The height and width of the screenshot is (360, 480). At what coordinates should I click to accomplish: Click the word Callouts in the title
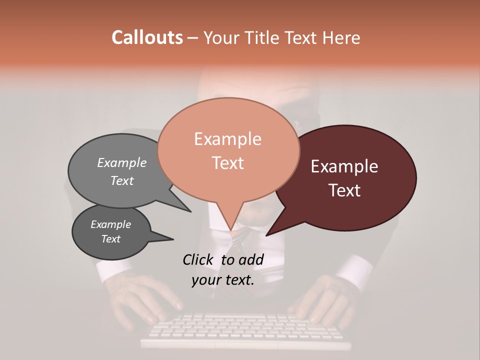coord(147,37)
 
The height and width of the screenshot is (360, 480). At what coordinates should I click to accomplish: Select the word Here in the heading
coord(342,37)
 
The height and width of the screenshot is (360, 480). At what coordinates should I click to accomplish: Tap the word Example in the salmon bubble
coord(227,139)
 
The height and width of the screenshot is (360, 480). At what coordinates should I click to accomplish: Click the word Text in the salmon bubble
coord(227,163)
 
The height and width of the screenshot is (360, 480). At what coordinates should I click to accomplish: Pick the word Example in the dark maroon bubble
coord(344,166)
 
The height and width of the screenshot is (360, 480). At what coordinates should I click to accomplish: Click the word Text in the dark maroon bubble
coord(345,190)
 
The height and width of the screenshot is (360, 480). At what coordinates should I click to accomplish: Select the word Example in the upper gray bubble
coord(122,162)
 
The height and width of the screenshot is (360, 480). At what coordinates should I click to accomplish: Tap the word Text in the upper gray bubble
coord(122,180)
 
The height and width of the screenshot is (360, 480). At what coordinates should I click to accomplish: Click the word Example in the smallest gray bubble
coord(110,224)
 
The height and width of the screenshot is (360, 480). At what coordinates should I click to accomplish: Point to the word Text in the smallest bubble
coord(110,239)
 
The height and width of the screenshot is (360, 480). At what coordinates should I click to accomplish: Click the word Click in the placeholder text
coord(199,259)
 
